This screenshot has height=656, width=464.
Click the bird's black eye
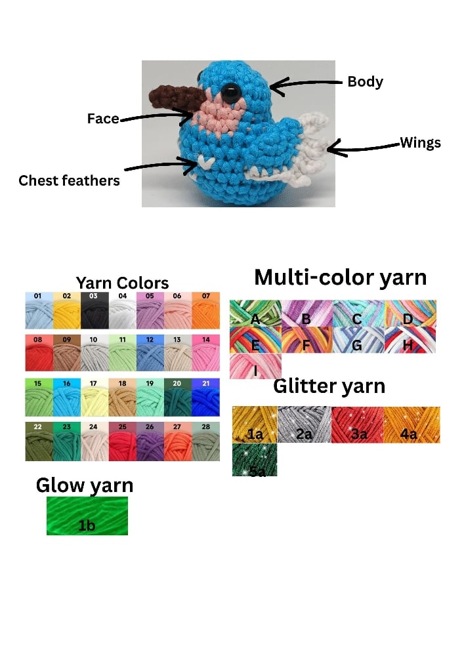pyautogui.click(x=230, y=92)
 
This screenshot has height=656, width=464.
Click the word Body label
pyautogui.click(x=366, y=81)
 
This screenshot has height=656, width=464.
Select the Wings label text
pyautogui.click(x=420, y=142)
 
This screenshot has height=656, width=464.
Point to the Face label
pyautogui.click(x=103, y=118)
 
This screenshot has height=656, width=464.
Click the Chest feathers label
pyautogui.click(x=69, y=180)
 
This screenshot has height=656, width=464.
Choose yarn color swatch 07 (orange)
pyautogui.click(x=206, y=310)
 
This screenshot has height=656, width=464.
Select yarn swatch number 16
pyautogui.click(x=67, y=398)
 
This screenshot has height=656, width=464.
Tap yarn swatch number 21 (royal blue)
pyautogui.click(x=206, y=398)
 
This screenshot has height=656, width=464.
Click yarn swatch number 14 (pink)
pyautogui.click(x=206, y=353)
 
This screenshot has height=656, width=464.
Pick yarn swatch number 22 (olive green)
pyautogui.click(x=39, y=441)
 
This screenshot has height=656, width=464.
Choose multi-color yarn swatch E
pyautogui.click(x=256, y=340)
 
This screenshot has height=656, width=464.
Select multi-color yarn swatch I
pyautogui.click(x=256, y=366)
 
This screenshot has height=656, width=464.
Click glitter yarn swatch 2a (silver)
pyautogui.click(x=304, y=424)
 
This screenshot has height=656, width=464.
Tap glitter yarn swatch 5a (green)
pyautogui.click(x=255, y=460)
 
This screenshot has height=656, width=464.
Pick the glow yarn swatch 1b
pyautogui.click(x=87, y=516)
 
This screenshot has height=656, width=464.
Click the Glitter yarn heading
pyautogui.click(x=329, y=386)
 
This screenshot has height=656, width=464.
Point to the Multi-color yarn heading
pyautogui.click(x=341, y=277)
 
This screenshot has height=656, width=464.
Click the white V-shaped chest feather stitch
pyautogui.click(x=206, y=161)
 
